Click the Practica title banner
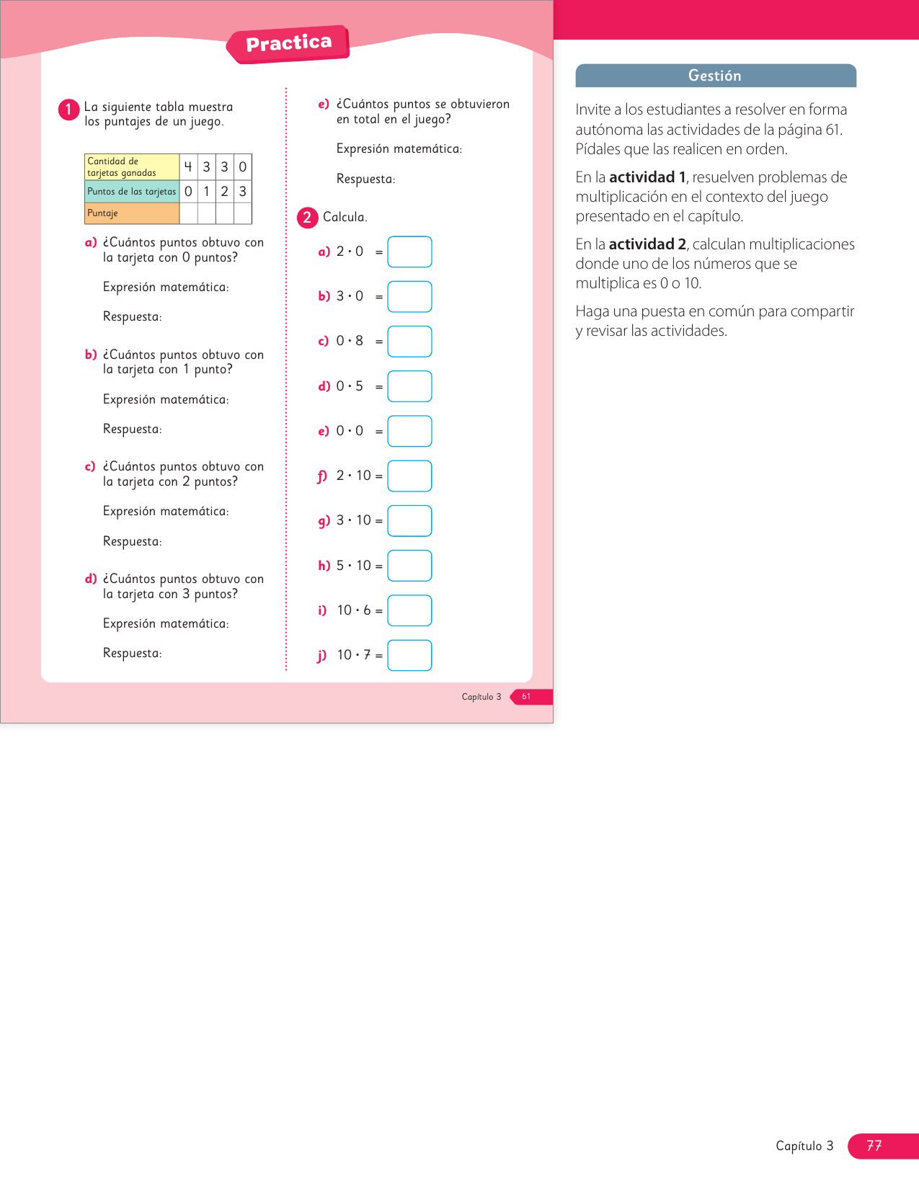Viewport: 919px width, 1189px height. click(x=288, y=44)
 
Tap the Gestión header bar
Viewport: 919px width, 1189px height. click(x=715, y=76)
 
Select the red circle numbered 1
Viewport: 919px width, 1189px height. click(x=68, y=110)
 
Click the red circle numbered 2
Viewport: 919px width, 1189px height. click(x=307, y=218)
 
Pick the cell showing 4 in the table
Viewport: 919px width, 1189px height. click(x=188, y=167)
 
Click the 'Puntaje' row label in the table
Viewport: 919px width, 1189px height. click(x=131, y=213)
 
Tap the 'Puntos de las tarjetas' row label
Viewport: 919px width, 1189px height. click(x=131, y=192)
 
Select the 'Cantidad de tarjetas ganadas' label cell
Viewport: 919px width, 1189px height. click(x=131, y=167)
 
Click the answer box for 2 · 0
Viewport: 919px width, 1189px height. click(x=409, y=252)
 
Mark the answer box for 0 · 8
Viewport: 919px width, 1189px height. click(x=409, y=342)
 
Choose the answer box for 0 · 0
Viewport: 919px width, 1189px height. click(x=409, y=431)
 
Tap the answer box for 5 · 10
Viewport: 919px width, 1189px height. click(x=409, y=566)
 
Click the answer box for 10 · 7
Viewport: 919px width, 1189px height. click(x=409, y=655)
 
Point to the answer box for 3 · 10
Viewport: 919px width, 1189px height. click(x=409, y=521)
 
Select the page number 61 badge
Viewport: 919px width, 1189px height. click(x=528, y=697)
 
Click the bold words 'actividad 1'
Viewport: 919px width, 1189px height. click(x=647, y=177)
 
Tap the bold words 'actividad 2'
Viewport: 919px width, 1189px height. click(x=647, y=244)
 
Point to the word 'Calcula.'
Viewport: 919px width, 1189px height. click(x=345, y=218)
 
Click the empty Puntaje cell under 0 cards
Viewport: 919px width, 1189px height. click(x=243, y=213)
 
